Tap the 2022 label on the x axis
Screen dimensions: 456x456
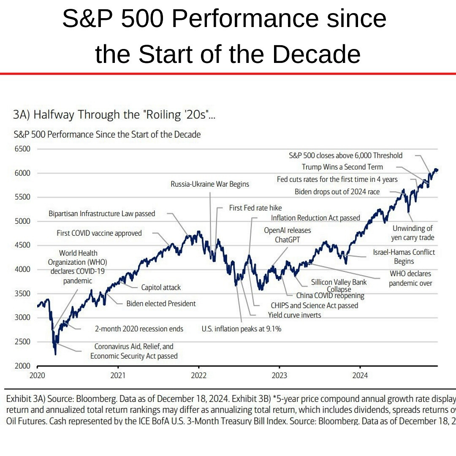click(x=198, y=375)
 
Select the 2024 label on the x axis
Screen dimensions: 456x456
click(x=360, y=375)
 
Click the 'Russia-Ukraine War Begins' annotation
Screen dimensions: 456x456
click(x=210, y=184)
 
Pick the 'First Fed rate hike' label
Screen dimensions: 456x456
click(x=255, y=208)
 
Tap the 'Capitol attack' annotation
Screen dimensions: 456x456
click(x=161, y=288)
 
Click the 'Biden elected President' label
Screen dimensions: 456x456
click(x=161, y=303)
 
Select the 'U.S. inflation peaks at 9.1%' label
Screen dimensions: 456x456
click(x=241, y=329)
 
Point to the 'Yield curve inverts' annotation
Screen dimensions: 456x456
click(x=294, y=315)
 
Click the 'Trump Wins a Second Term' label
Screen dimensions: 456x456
click(x=342, y=167)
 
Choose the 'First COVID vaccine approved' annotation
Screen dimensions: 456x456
click(x=99, y=233)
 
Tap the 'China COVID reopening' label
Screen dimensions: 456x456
click(x=330, y=296)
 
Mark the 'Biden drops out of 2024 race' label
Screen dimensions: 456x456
click(x=337, y=192)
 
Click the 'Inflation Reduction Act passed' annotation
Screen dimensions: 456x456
click(x=315, y=218)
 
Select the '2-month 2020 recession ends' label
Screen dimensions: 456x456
click(x=138, y=328)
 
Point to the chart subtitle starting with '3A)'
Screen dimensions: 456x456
click(x=114, y=114)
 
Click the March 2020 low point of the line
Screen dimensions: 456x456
click(x=55, y=354)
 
